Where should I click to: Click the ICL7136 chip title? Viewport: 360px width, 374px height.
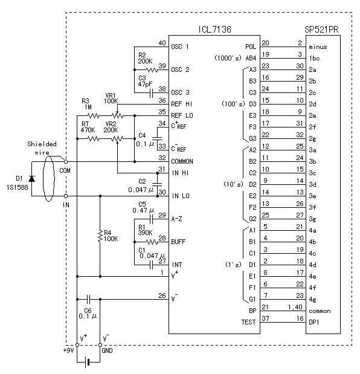pos(215,30)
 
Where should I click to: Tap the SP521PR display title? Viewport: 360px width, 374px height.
pos(321,30)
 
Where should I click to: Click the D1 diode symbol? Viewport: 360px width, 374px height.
pos(31,179)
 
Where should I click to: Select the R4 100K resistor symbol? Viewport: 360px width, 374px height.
pos(100,236)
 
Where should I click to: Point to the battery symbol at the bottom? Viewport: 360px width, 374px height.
pos(88,363)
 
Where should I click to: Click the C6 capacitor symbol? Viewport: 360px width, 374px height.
pos(88,299)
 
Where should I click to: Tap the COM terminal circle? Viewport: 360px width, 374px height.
pos(66,162)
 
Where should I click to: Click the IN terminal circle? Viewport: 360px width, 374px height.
pos(66,196)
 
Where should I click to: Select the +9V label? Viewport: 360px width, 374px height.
pos(69,350)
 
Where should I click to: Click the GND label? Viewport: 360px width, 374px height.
pos(107,350)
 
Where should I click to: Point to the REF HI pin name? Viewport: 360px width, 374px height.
pos(182,104)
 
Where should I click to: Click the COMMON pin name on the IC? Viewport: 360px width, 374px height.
pos(182,161)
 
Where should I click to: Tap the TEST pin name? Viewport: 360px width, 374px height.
pos(248,322)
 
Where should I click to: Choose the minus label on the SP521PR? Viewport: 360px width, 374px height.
pos(318,47)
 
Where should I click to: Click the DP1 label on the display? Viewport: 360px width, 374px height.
pos(313,322)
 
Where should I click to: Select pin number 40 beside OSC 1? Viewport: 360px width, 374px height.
pos(162,43)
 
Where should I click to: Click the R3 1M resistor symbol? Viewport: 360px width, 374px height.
pos(94,116)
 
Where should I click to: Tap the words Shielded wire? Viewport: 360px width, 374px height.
pos(42,148)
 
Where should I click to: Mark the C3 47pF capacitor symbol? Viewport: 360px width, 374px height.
pos(151,92)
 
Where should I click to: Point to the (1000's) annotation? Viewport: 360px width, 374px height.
pos(228,58)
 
